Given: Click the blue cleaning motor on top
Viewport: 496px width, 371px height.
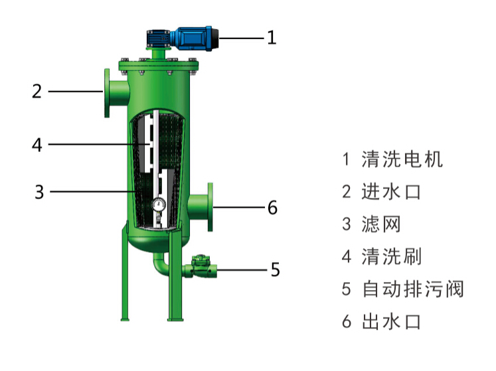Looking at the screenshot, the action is (183, 38).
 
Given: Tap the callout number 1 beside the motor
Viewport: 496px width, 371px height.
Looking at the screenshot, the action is (272, 38).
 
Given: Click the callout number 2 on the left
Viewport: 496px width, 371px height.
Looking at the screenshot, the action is (37, 92).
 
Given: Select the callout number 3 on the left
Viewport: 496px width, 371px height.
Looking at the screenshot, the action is (39, 192).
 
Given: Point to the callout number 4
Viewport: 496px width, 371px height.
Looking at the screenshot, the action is (37, 145).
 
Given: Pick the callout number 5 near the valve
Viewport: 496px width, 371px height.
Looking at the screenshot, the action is (275, 270).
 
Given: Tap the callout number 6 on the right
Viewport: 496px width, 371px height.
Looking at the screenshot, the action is (273, 208).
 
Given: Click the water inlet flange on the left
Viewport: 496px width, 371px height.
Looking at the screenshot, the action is (108, 93).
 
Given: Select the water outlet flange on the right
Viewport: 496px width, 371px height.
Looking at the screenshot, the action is (210, 207).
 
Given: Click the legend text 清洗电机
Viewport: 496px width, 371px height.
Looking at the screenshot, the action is (402, 159).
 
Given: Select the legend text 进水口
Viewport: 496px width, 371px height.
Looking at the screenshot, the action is (391, 192).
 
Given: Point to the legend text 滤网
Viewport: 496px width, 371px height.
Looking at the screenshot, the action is (381, 224).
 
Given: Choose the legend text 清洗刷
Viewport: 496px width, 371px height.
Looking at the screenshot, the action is (391, 256).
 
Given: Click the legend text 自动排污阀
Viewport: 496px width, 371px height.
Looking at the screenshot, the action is (413, 289).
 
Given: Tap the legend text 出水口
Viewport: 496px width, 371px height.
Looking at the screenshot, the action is (391, 322).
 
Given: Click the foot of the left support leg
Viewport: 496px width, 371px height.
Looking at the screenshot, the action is (125, 319).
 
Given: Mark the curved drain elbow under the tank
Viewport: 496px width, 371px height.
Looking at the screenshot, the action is (161, 264).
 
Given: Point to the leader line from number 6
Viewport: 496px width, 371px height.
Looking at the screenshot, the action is (239, 207).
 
